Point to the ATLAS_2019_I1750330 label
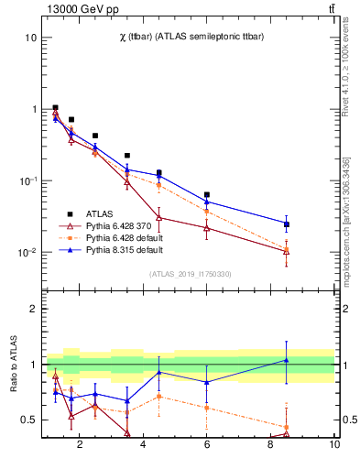pos(190,273)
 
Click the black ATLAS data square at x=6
pos(207,195)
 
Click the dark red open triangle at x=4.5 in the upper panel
pos(159,217)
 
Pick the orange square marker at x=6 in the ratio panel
pos(207,408)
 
